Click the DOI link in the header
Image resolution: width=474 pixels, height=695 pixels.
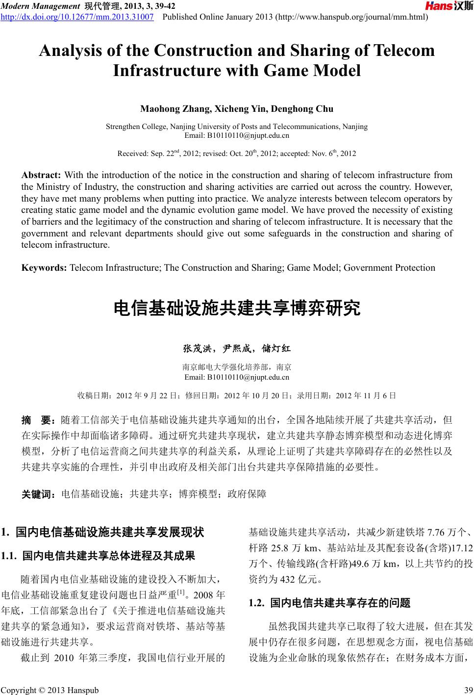click(x=77, y=17)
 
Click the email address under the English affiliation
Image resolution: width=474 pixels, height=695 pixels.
click(x=237, y=135)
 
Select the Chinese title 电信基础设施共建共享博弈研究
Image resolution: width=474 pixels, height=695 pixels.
click(x=237, y=309)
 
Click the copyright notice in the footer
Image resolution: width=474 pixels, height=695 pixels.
click(x=50, y=690)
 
